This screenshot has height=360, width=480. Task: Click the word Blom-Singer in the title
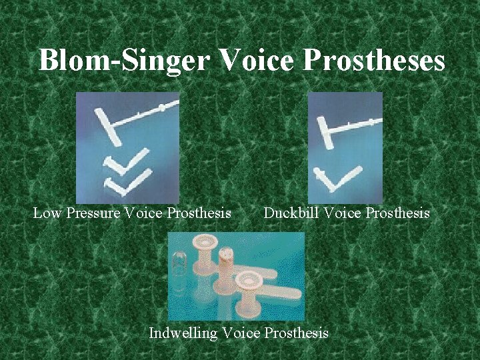(x=124, y=60)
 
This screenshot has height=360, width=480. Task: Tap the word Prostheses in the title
(x=374, y=60)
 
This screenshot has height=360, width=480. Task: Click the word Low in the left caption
(x=46, y=213)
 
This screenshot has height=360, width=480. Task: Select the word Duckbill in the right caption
(x=291, y=213)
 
